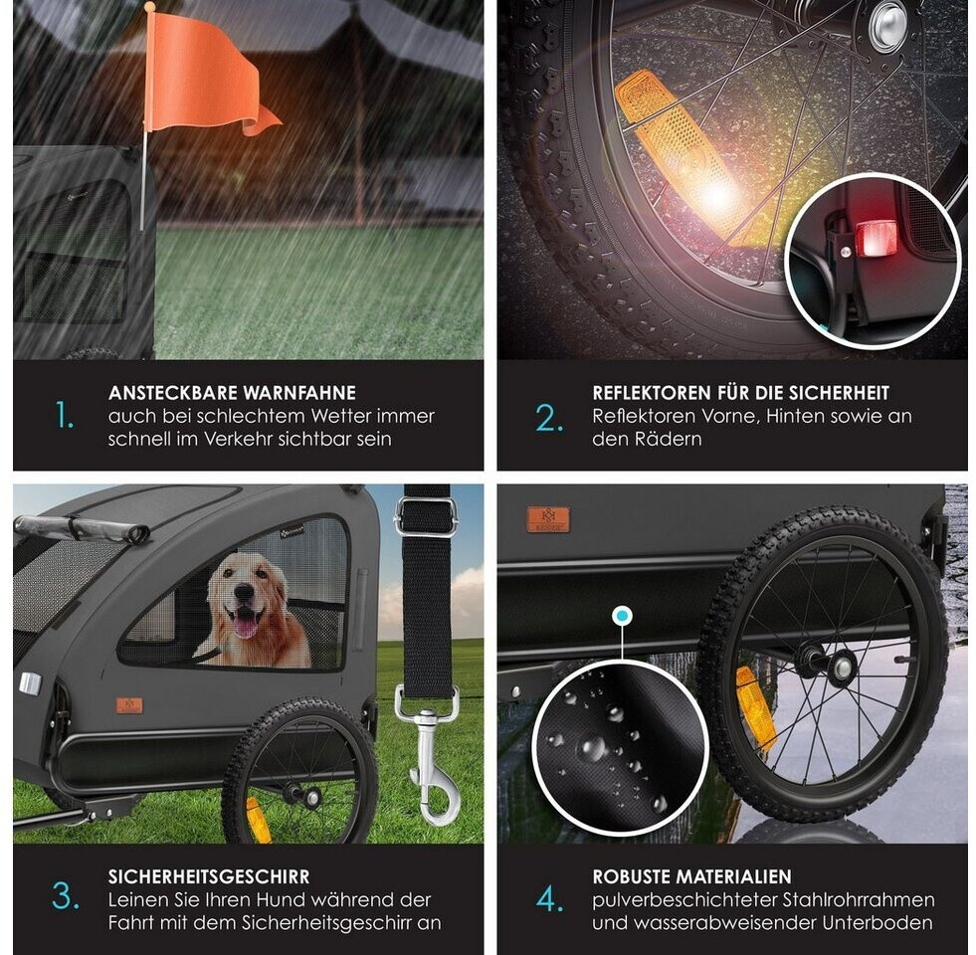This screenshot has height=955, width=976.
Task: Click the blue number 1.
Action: (65, 415)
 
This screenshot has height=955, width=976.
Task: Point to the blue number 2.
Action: (549, 419)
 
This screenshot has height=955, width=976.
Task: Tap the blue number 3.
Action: (66, 896)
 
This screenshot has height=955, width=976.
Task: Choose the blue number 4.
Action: (549, 899)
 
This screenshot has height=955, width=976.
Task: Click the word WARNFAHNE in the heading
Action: (299, 393)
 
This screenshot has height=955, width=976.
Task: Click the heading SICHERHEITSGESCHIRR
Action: (209, 876)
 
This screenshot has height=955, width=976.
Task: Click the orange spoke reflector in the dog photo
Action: (259, 820)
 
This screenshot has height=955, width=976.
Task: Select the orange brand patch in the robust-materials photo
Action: (548, 519)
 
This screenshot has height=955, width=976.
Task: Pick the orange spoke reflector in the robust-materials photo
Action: (756, 709)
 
